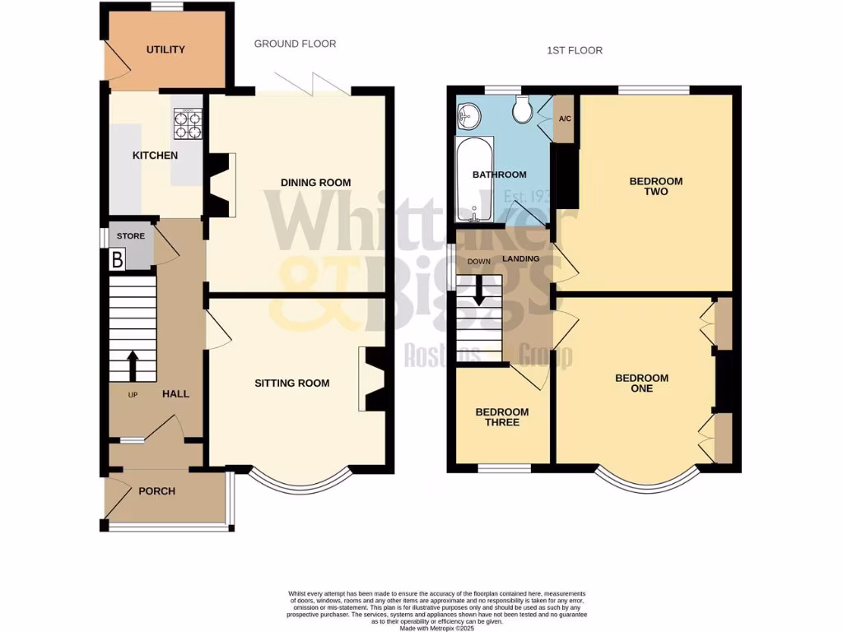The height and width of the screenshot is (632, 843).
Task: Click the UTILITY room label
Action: point(165,49)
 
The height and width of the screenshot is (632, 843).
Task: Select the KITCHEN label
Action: point(156,156)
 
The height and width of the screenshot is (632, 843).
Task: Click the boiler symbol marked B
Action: point(116,259)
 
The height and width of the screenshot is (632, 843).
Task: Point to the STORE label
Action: point(130,236)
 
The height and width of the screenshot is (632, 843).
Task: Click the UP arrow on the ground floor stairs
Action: point(132,365)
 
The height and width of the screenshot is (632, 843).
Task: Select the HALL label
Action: point(175,394)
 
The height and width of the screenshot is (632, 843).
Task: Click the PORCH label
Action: point(156,491)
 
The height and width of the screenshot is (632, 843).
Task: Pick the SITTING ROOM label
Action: point(291,383)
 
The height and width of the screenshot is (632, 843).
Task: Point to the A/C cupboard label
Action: point(565,119)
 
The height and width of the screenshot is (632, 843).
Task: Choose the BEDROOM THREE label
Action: point(502,417)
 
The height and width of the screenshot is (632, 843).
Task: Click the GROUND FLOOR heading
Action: point(295,44)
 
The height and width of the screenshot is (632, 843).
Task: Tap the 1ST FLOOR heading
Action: point(575,50)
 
